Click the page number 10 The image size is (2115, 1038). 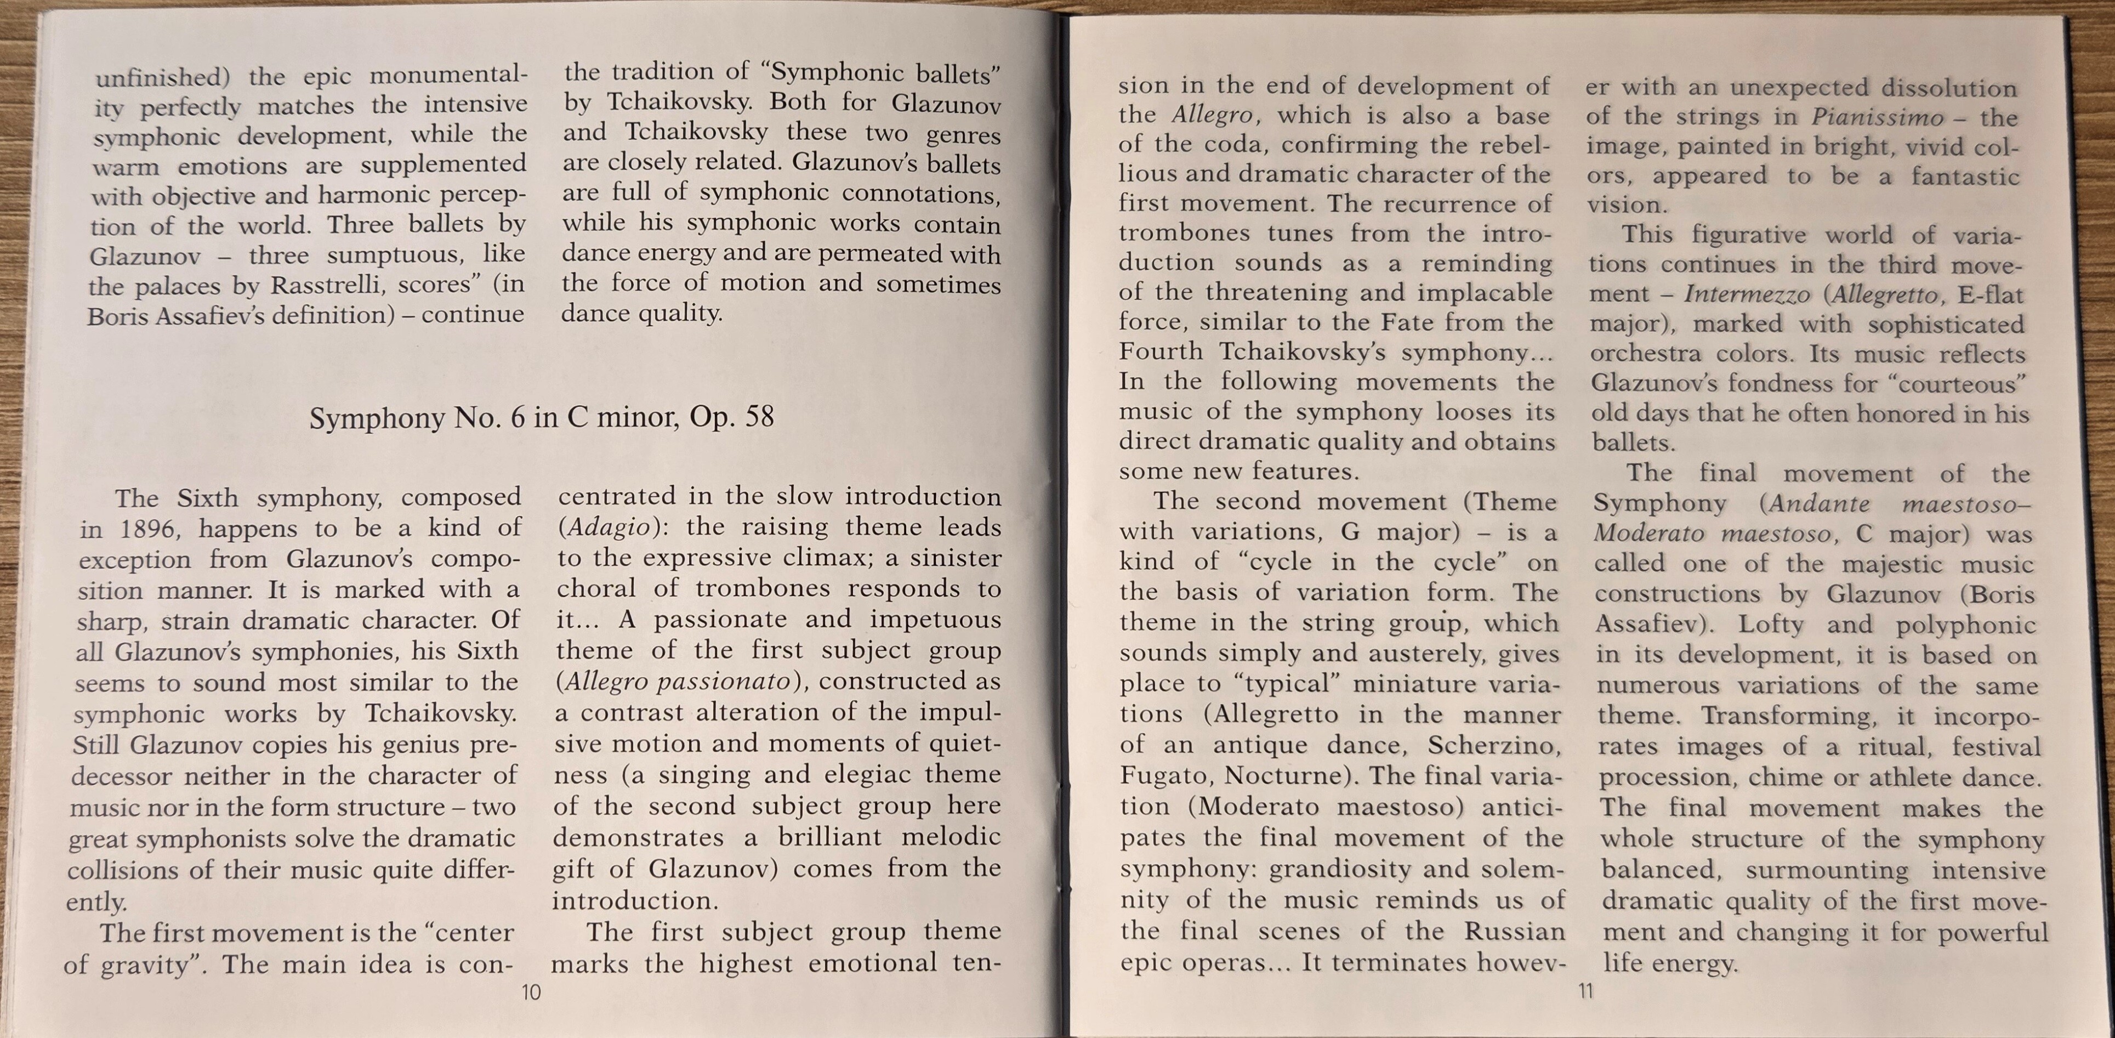tap(531, 993)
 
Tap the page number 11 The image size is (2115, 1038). tap(1585, 992)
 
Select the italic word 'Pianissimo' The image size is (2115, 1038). tap(1878, 117)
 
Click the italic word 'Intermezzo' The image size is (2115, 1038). tap(1747, 294)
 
